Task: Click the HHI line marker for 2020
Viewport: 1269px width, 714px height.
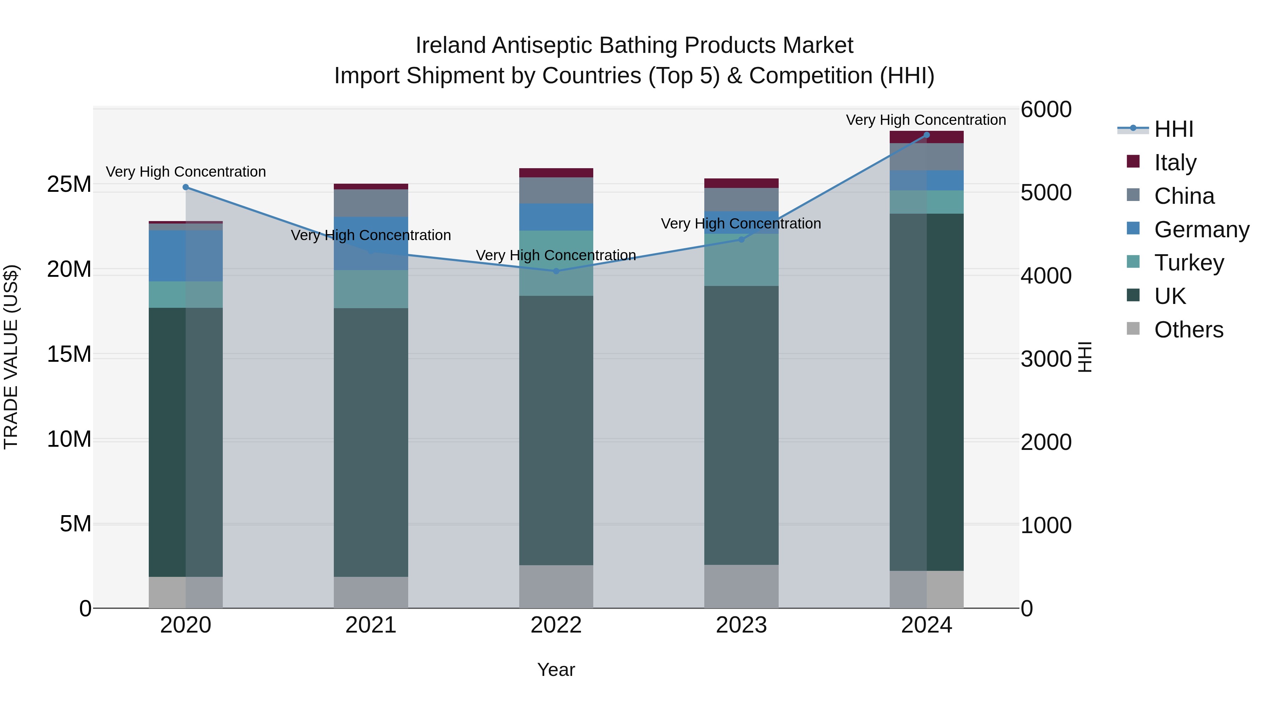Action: coord(186,187)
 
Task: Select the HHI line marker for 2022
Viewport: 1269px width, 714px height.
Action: coord(556,271)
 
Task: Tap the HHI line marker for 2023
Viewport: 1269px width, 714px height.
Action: coord(741,239)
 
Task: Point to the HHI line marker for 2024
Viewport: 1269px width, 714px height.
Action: coord(927,135)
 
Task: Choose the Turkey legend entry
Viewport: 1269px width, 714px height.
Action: coord(1189,263)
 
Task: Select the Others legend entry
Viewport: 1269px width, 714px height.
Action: coord(1188,330)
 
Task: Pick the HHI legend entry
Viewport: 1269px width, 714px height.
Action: coord(1173,129)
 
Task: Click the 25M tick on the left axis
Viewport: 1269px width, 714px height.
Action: coord(69,184)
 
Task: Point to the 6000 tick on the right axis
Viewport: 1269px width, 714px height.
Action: coord(1046,109)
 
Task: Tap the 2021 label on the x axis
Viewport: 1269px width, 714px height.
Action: coord(370,625)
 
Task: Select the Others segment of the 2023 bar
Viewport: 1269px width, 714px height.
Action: coord(741,586)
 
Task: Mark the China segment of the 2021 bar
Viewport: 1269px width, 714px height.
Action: coord(370,203)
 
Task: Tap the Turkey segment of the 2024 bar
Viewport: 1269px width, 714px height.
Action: coord(927,202)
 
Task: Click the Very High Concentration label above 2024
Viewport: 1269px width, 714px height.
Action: coord(926,120)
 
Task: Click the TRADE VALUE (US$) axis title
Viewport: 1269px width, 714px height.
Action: coord(11,357)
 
